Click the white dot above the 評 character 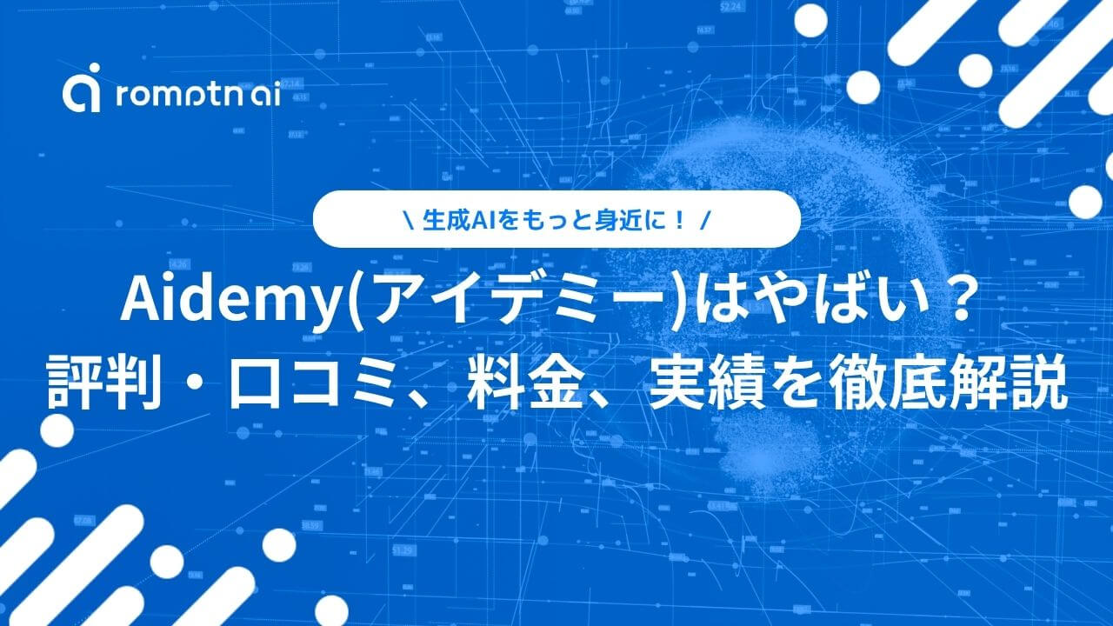(57, 430)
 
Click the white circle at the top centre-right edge (811, 21)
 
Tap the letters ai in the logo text (266, 95)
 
